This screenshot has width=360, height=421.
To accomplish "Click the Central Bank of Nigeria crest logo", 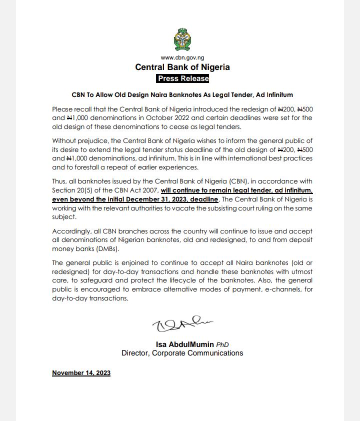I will [182, 39].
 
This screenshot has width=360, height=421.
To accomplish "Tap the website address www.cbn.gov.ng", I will [182, 58].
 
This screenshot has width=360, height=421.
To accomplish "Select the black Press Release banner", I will [182, 78].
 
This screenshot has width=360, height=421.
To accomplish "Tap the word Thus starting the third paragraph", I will [59, 181].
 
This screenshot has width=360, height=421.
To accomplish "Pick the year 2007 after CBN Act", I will [148, 190].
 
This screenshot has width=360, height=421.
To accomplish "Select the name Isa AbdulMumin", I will [185, 344].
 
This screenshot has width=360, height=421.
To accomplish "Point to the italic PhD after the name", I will [222, 345].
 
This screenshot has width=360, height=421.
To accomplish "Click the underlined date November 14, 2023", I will [81, 373].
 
